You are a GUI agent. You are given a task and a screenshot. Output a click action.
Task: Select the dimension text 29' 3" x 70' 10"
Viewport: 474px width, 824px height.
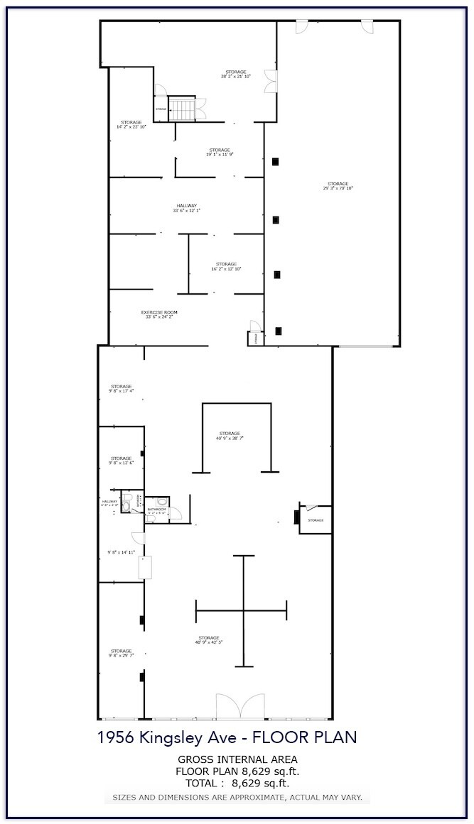pos(338,189)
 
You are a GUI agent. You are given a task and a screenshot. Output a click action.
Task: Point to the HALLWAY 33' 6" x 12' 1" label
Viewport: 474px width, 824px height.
pos(186,211)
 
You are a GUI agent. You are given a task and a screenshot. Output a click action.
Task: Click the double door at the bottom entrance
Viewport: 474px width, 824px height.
pos(240,707)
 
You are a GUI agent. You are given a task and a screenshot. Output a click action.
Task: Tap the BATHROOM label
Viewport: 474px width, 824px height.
pos(156,509)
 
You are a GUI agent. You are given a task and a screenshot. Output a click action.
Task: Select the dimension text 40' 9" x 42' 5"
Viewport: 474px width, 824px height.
pos(209,643)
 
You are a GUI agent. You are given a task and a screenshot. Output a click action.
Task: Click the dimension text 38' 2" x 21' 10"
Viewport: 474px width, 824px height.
pos(236,77)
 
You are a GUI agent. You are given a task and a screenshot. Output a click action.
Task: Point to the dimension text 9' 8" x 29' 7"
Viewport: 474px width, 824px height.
pos(121,656)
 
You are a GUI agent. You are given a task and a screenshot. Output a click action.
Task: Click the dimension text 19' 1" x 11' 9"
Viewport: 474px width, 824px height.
pos(220,155)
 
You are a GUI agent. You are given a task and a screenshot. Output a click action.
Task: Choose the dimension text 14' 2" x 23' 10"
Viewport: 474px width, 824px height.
pos(131,127)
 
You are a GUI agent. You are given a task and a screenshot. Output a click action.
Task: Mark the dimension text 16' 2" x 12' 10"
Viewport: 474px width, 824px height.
pos(226,269)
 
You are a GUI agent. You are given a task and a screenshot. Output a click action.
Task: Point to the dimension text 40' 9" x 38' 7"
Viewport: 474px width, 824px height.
pos(230,439)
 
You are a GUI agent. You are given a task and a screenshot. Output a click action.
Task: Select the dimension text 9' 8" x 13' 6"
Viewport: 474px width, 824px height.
pos(121,463)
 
